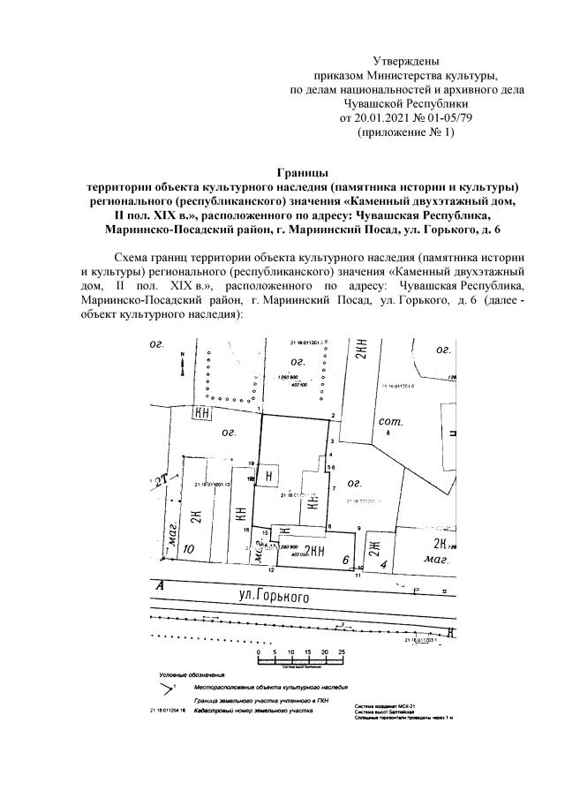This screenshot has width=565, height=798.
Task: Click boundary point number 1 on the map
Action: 260,411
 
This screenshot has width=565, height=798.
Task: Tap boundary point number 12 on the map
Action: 271,571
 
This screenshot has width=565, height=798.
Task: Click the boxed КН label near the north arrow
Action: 204,413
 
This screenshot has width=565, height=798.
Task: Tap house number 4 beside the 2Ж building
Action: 384,561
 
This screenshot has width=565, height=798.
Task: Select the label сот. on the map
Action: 389,425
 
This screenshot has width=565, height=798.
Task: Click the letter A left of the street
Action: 160,585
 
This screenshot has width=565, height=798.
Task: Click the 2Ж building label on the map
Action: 373,546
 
